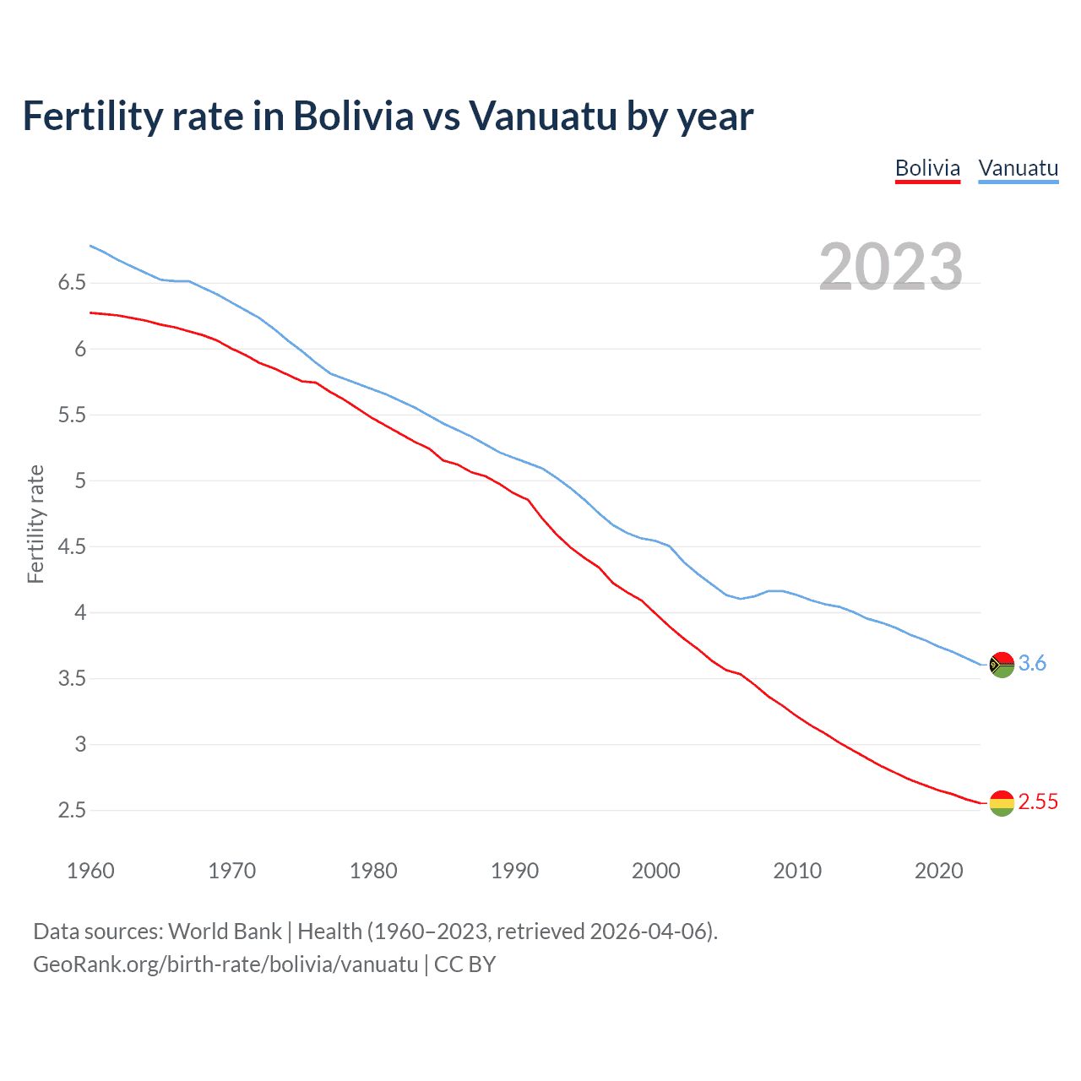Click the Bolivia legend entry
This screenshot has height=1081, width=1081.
click(x=927, y=168)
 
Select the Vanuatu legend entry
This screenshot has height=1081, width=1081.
click(x=1018, y=168)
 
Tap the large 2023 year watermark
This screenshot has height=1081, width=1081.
click(x=890, y=267)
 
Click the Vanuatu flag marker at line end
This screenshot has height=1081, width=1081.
click(x=1001, y=665)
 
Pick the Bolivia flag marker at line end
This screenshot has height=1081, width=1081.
click(x=1001, y=803)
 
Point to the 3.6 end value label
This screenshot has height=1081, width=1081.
click(x=1032, y=664)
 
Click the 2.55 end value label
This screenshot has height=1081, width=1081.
click(x=1038, y=802)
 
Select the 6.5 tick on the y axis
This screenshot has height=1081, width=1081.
click(x=72, y=283)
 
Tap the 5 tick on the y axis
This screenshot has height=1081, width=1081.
click(x=80, y=481)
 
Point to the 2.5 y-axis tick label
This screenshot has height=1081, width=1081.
click(x=72, y=811)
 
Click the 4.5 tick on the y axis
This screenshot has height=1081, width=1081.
click(x=72, y=547)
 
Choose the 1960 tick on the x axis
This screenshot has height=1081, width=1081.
click(x=90, y=871)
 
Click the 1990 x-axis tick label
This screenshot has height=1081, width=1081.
click(x=514, y=871)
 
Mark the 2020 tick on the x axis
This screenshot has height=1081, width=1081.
click(x=938, y=871)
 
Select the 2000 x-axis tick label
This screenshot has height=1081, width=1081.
click(x=655, y=871)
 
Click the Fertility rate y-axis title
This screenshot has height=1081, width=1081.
click(x=35, y=524)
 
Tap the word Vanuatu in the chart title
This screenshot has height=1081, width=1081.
click(x=543, y=117)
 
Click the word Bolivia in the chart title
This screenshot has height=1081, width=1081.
click(x=353, y=117)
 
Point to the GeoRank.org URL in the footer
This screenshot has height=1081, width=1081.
click(x=225, y=964)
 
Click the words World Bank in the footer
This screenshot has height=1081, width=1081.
click(x=225, y=932)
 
